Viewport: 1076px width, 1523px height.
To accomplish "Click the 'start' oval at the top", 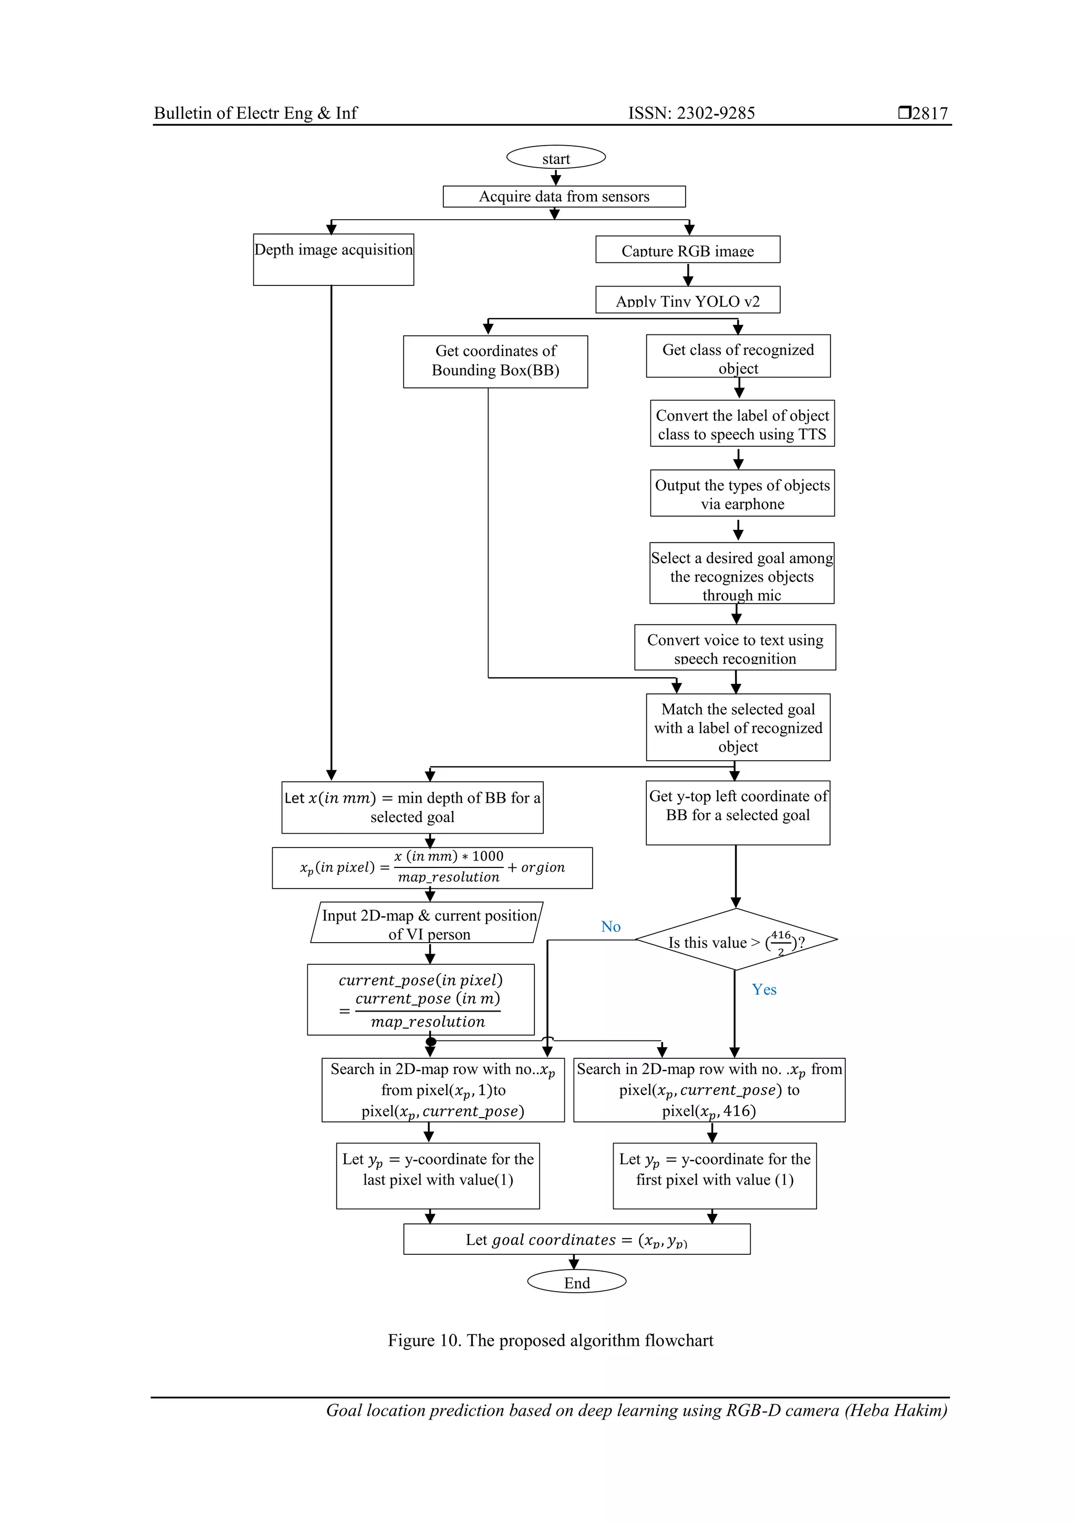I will click(555, 158).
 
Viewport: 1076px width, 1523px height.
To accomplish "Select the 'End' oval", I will click(576, 1282).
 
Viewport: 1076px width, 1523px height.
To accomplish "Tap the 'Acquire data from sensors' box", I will click(564, 196).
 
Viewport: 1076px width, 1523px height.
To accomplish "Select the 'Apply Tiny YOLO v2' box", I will click(688, 300).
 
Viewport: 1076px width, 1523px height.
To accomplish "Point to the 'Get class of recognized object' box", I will click(738, 357).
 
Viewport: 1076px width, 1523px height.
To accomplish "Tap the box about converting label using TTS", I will click(742, 424).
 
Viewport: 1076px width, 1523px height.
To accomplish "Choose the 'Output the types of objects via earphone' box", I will click(742, 494).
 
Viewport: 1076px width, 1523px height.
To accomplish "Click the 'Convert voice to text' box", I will click(734, 647).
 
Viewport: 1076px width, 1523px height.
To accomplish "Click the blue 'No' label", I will click(611, 927).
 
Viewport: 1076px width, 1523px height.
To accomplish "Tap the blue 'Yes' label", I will click(764, 990).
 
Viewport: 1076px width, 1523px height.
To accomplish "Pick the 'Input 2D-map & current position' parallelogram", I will click(428, 923).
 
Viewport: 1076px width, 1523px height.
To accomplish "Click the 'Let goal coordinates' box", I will click(576, 1239).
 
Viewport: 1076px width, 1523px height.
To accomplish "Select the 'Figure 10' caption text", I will click(550, 1341).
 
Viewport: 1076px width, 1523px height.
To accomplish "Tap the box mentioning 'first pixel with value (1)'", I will click(714, 1175).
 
